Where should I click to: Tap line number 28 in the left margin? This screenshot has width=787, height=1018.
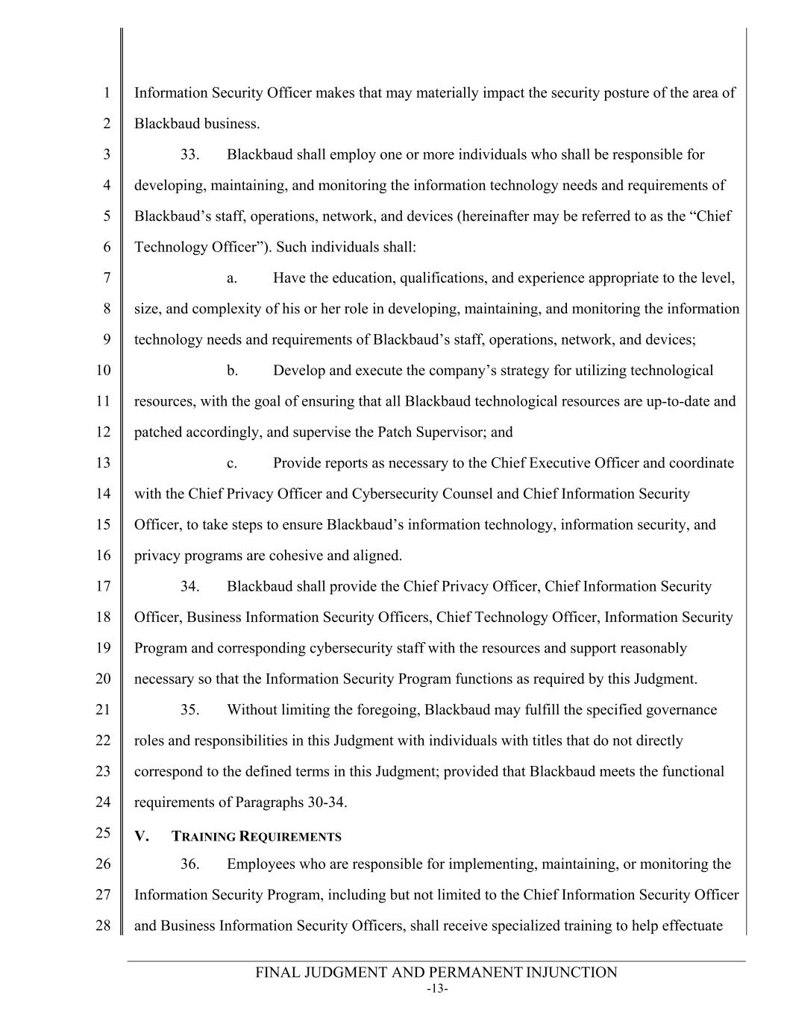[103, 926]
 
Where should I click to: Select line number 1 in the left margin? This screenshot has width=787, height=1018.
[107, 93]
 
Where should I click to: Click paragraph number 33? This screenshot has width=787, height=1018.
[190, 155]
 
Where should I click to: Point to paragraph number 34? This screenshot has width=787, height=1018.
[190, 587]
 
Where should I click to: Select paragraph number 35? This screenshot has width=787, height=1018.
[190, 710]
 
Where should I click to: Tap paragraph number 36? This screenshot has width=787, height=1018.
[190, 864]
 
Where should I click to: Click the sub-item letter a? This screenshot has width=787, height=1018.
[232, 278]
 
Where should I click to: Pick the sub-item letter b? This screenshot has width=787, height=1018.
[232, 371]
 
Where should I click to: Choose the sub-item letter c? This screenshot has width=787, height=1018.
[232, 463]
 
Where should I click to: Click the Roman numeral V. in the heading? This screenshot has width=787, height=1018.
[142, 836]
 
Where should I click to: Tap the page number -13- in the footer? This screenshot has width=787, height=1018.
[437, 989]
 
